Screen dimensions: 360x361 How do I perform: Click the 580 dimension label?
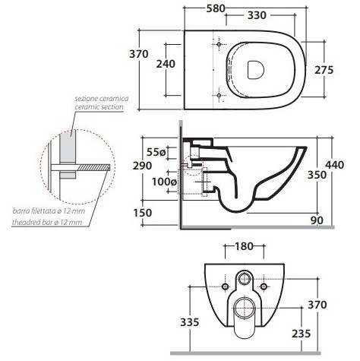[x=216, y=8]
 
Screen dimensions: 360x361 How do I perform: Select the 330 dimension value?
[x=257, y=15]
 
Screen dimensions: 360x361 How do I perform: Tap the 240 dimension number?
[x=166, y=64]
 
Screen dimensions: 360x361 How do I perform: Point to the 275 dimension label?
[x=324, y=70]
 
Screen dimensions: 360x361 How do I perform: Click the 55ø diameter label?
[x=156, y=152]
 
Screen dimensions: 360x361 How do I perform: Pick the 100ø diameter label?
[x=164, y=182]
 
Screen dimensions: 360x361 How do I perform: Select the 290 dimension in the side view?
[x=143, y=166]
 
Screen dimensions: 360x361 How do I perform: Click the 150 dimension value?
[x=143, y=213]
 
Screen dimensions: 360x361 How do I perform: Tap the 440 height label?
[x=335, y=165]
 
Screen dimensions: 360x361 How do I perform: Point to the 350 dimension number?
[x=317, y=175]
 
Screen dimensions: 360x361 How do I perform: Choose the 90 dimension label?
[x=317, y=220]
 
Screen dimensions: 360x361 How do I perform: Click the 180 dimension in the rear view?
[x=244, y=246]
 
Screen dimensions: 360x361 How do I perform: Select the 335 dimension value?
[x=190, y=322]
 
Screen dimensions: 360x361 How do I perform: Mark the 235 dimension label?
[x=302, y=334]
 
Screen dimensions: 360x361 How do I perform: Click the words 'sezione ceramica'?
[x=102, y=98]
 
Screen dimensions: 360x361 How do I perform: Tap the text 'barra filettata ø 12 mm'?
[x=49, y=211]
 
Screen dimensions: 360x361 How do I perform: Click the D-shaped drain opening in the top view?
[x=255, y=70]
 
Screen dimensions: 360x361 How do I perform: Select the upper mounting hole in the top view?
[x=219, y=44]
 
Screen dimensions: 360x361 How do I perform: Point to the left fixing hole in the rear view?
[x=225, y=287]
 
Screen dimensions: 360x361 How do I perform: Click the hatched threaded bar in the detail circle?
[x=93, y=167]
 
